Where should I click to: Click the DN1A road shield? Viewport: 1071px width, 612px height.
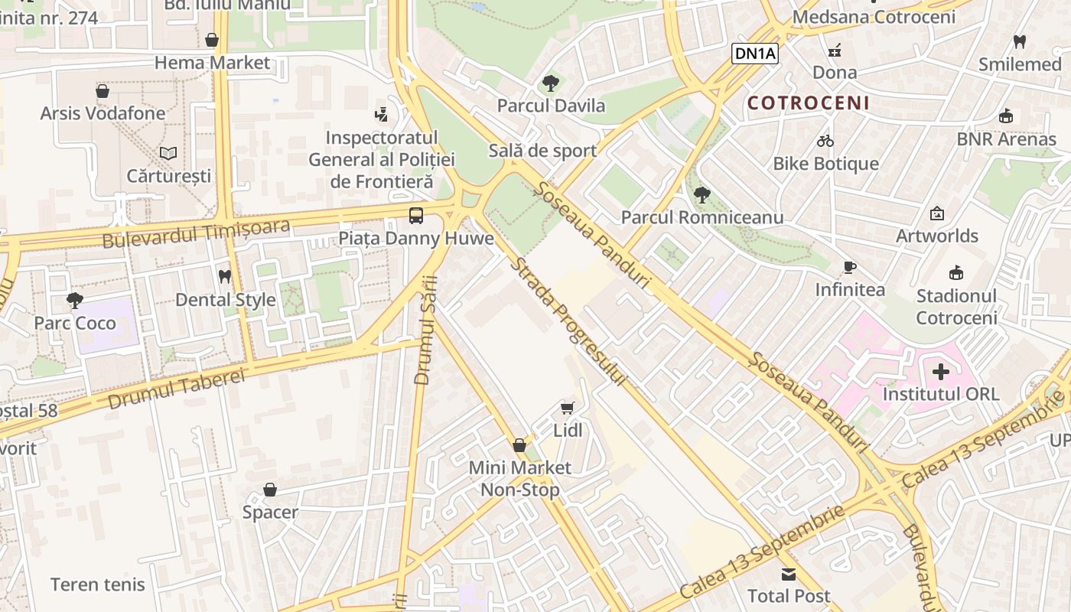(754, 53)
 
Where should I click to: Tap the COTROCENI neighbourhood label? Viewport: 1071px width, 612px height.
(808, 103)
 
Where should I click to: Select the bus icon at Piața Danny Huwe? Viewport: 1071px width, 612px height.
(416, 216)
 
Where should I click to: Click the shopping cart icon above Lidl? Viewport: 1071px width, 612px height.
(567, 409)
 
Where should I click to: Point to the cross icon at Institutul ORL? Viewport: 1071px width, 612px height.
(941, 373)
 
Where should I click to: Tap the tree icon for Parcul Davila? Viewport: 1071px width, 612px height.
(550, 83)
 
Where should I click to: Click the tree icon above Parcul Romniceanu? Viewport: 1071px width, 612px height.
(702, 195)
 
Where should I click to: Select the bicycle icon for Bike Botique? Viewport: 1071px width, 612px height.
(825, 141)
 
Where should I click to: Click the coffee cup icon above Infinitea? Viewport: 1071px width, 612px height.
(849, 267)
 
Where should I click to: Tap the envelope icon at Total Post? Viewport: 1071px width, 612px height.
(789, 574)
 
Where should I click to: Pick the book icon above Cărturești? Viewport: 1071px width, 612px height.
(168, 153)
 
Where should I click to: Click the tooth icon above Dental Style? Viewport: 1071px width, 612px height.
(225, 276)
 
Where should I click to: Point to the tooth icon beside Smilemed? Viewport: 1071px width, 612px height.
(1019, 41)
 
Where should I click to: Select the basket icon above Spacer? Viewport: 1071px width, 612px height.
(270, 490)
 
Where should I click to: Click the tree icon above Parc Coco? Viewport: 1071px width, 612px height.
(74, 300)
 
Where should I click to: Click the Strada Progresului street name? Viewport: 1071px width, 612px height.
(568, 321)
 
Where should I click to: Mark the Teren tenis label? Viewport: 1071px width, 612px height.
(97, 584)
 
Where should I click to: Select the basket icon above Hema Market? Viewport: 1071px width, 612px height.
(212, 40)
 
